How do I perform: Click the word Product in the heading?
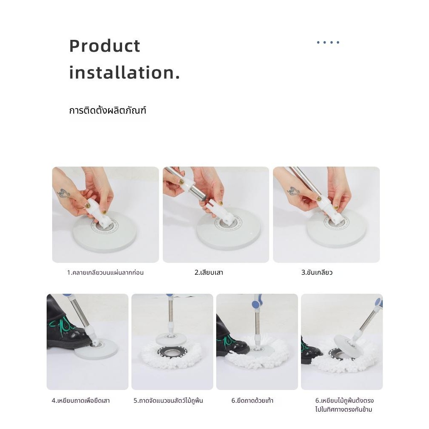coord(105,46)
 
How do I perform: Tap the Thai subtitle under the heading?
coord(108,110)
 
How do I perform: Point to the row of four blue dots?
coord(328,42)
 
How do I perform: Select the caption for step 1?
coord(105,273)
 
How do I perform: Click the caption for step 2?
coord(209,273)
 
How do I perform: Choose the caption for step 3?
coord(317,273)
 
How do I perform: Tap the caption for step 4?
coord(81,401)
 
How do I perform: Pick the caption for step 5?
coord(168,401)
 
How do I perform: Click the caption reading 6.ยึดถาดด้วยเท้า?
coord(252,401)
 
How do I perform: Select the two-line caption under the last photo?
coord(344,405)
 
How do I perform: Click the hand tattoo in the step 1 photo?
coord(64,193)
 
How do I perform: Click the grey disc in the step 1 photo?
coord(105,232)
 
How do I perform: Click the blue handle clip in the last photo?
coord(379,303)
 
